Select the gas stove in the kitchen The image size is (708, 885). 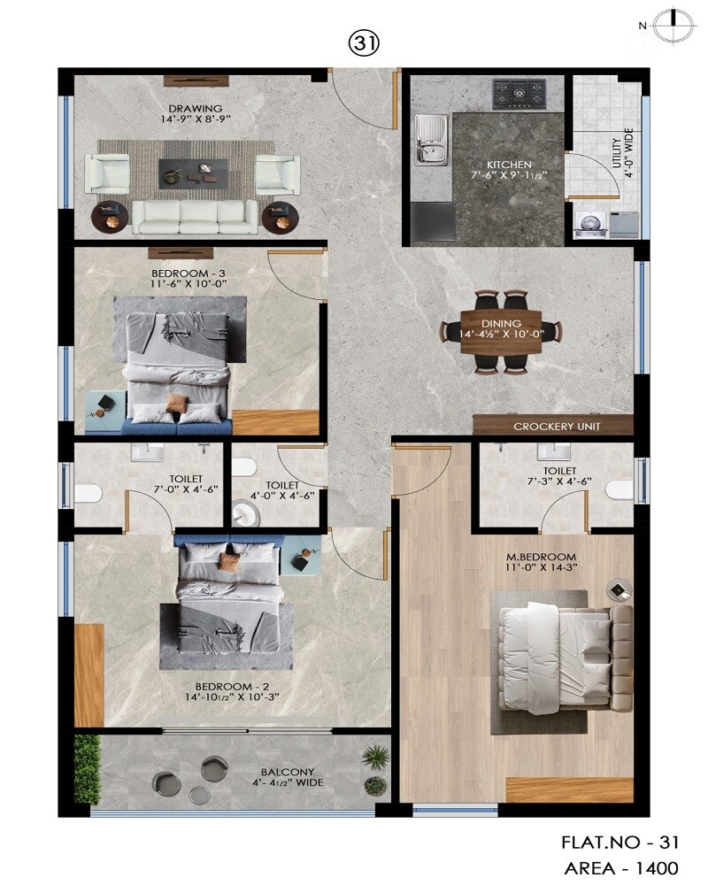[519, 91]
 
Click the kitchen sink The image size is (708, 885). [431, 140]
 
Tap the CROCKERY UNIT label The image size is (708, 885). [558, 427]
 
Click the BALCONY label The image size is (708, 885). [288, 772]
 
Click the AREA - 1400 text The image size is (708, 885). [620, 868]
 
